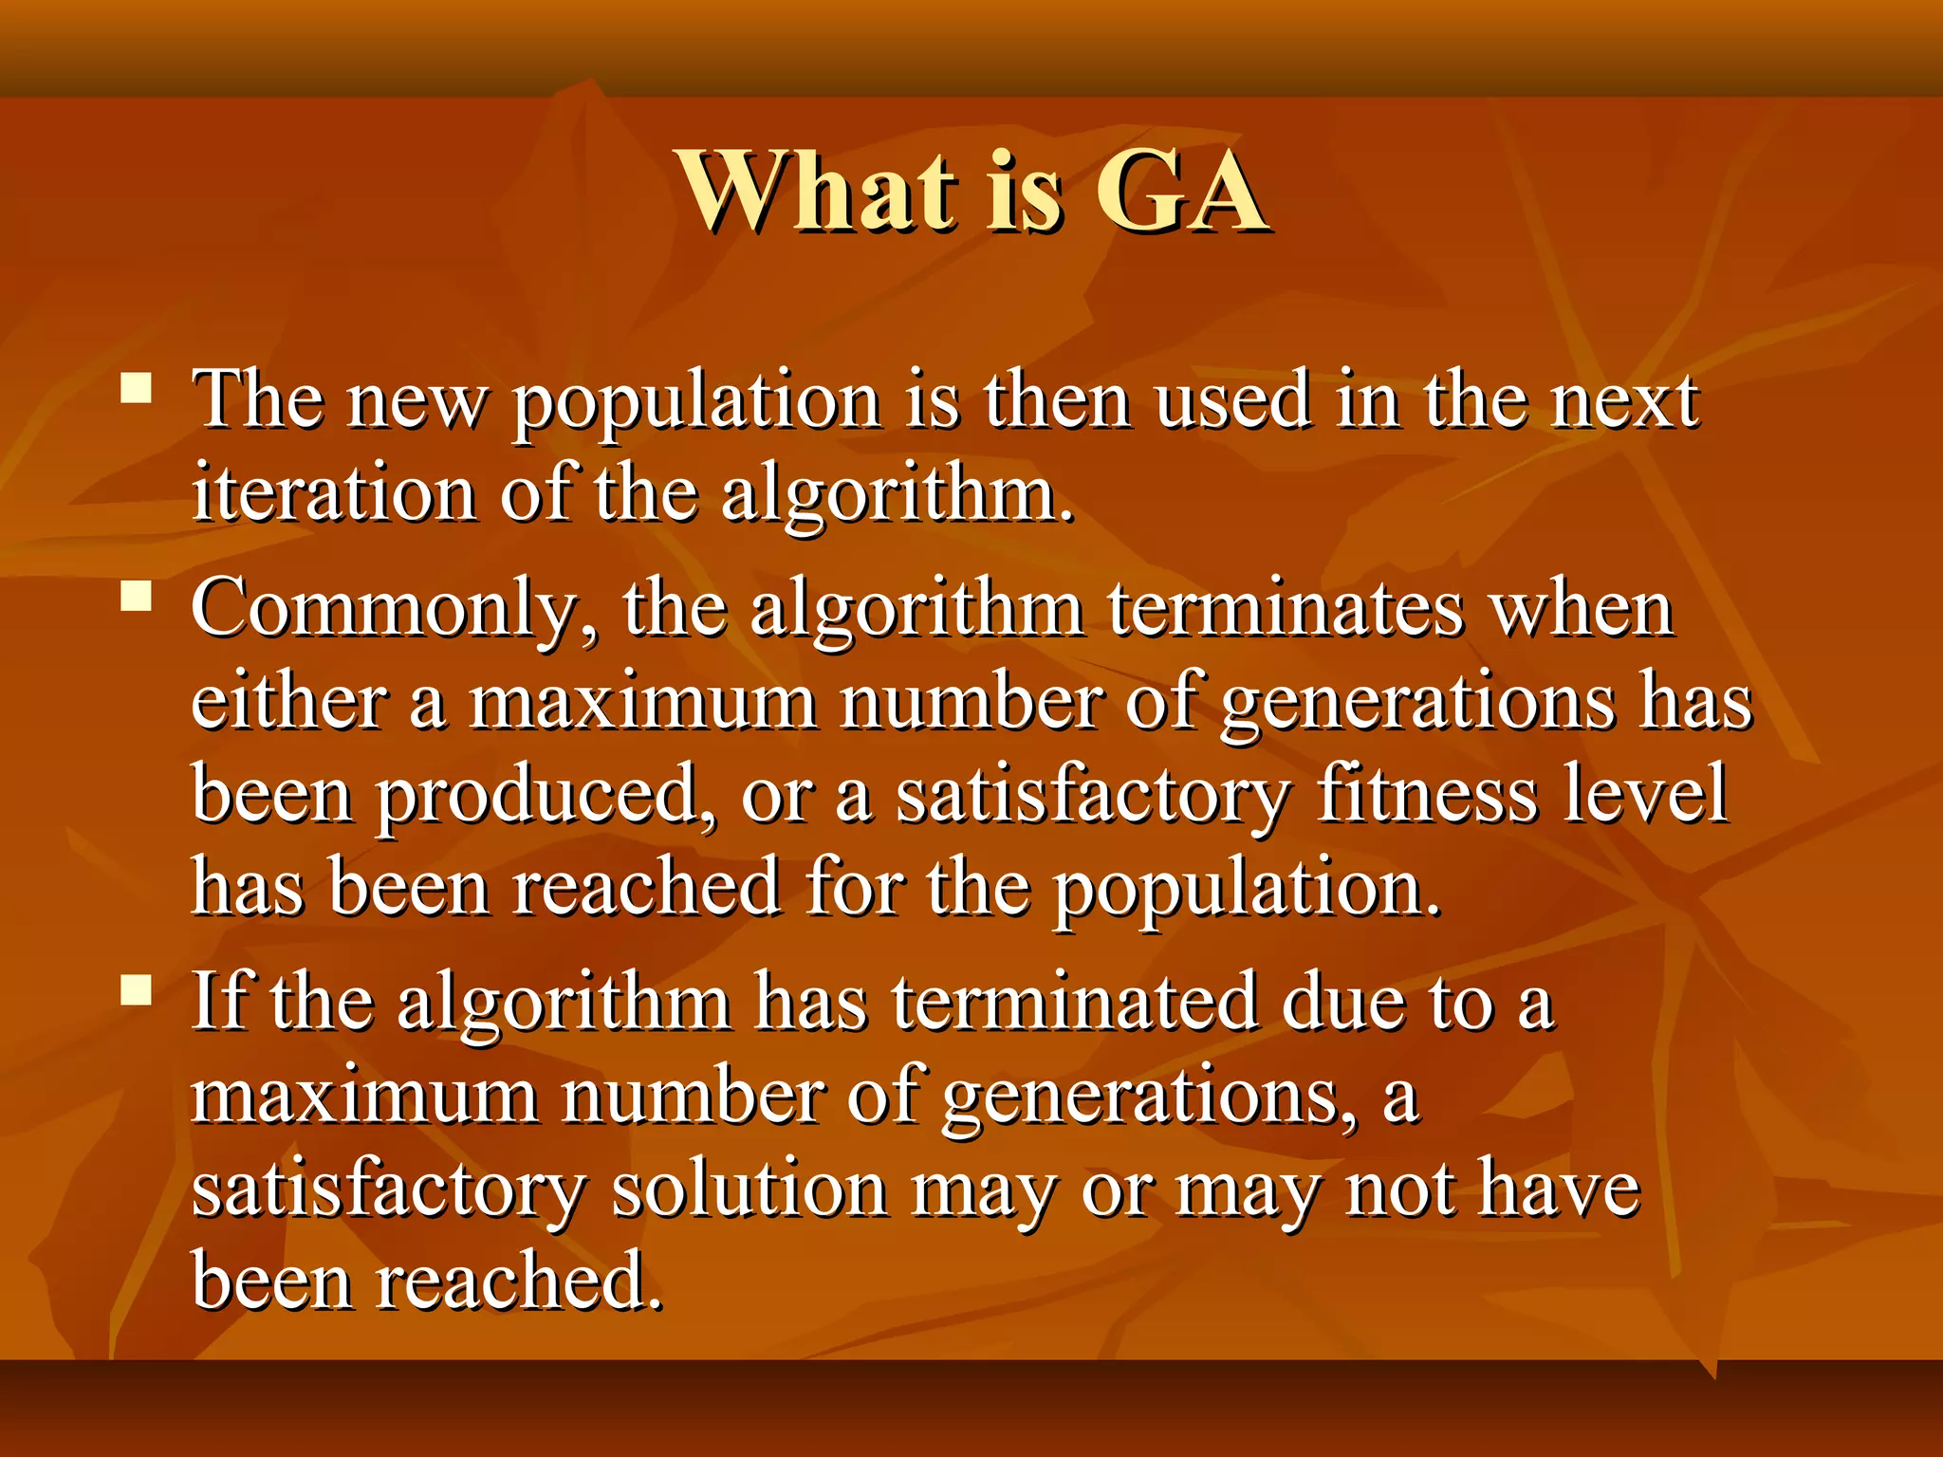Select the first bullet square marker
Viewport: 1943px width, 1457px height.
pos(138,389)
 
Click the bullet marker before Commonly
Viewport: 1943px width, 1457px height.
pos(138,597)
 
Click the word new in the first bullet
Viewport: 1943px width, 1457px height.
pos(416,400)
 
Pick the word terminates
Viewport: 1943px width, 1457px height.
pos(1286,609)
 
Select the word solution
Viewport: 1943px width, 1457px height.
pos(749,1190)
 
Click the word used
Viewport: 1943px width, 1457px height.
pos(1234,400)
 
